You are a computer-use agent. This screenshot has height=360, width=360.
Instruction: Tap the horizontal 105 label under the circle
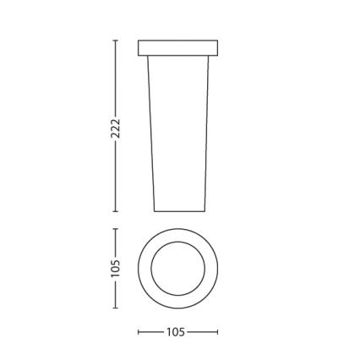point(177,333)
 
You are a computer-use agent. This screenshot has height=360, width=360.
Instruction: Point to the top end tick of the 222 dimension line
point(116,39)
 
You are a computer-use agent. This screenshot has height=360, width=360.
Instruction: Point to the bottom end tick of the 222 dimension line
point(116,212)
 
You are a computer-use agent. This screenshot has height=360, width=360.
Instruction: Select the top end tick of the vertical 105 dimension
point(116,229)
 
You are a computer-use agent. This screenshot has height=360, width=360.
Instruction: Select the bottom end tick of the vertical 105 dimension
point(116,308)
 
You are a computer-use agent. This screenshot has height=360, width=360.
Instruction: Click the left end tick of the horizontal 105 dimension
point(139,333)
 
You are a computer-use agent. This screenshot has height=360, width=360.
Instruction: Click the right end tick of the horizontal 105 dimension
point(217,333)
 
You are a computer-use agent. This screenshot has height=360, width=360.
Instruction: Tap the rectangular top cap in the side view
point(177,47)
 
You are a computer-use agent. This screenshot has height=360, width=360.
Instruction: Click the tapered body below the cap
point(177,135)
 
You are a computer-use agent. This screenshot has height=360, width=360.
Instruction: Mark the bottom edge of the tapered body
point(179,211)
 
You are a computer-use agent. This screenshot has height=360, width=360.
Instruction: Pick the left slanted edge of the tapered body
point(151,135)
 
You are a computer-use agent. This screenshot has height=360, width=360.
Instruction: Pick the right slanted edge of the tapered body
point(206,135)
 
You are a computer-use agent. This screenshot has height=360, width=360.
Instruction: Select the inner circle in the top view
point(177,269)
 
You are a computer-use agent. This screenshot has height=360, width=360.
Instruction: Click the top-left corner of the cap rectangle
point(139,40)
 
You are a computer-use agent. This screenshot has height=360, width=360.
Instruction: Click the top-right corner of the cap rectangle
point(217,40)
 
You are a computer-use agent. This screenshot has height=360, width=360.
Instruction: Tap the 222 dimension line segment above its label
point(116,76)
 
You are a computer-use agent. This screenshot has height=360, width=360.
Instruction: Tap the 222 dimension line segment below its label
point(116,177)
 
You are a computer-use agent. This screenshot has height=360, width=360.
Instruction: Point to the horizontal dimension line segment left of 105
point(151,333)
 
